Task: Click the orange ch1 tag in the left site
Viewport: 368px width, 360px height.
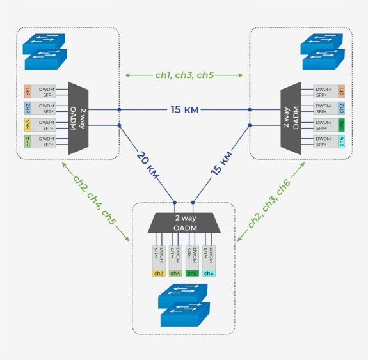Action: click(28, 91)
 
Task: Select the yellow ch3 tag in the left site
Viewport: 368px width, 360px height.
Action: click(28, 125)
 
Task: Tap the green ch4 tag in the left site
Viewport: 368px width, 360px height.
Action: click(28, 141)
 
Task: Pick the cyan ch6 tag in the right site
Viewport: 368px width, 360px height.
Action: click(342, 141)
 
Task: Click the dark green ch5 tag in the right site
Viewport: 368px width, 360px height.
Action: click(342, 125)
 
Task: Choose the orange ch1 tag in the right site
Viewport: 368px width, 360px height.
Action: click(342, 91)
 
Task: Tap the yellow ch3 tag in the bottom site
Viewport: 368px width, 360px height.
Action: click(159, 273)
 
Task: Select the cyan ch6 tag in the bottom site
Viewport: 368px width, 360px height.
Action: click(209, 273)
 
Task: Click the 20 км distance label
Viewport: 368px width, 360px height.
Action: click(148, 165)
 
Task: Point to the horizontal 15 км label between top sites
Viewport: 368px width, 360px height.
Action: click(184, 109)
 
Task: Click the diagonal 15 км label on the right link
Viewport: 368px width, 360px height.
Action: click(221, 163)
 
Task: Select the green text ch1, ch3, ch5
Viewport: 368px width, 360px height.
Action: click(184, 75)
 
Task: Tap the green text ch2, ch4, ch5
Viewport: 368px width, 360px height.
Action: click(95, 200)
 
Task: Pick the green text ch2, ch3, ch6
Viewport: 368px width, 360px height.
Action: click(269, 203)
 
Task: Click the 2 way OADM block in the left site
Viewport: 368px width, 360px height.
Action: click(78, 118)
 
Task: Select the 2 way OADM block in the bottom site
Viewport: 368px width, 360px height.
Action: click(184, 223)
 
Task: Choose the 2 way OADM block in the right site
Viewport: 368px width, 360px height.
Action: click(291, 118)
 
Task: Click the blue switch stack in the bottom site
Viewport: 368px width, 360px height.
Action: click(184, 305)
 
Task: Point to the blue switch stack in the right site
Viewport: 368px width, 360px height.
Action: click(323, 52)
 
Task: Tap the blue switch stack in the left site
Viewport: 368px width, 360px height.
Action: click(45, 52)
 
